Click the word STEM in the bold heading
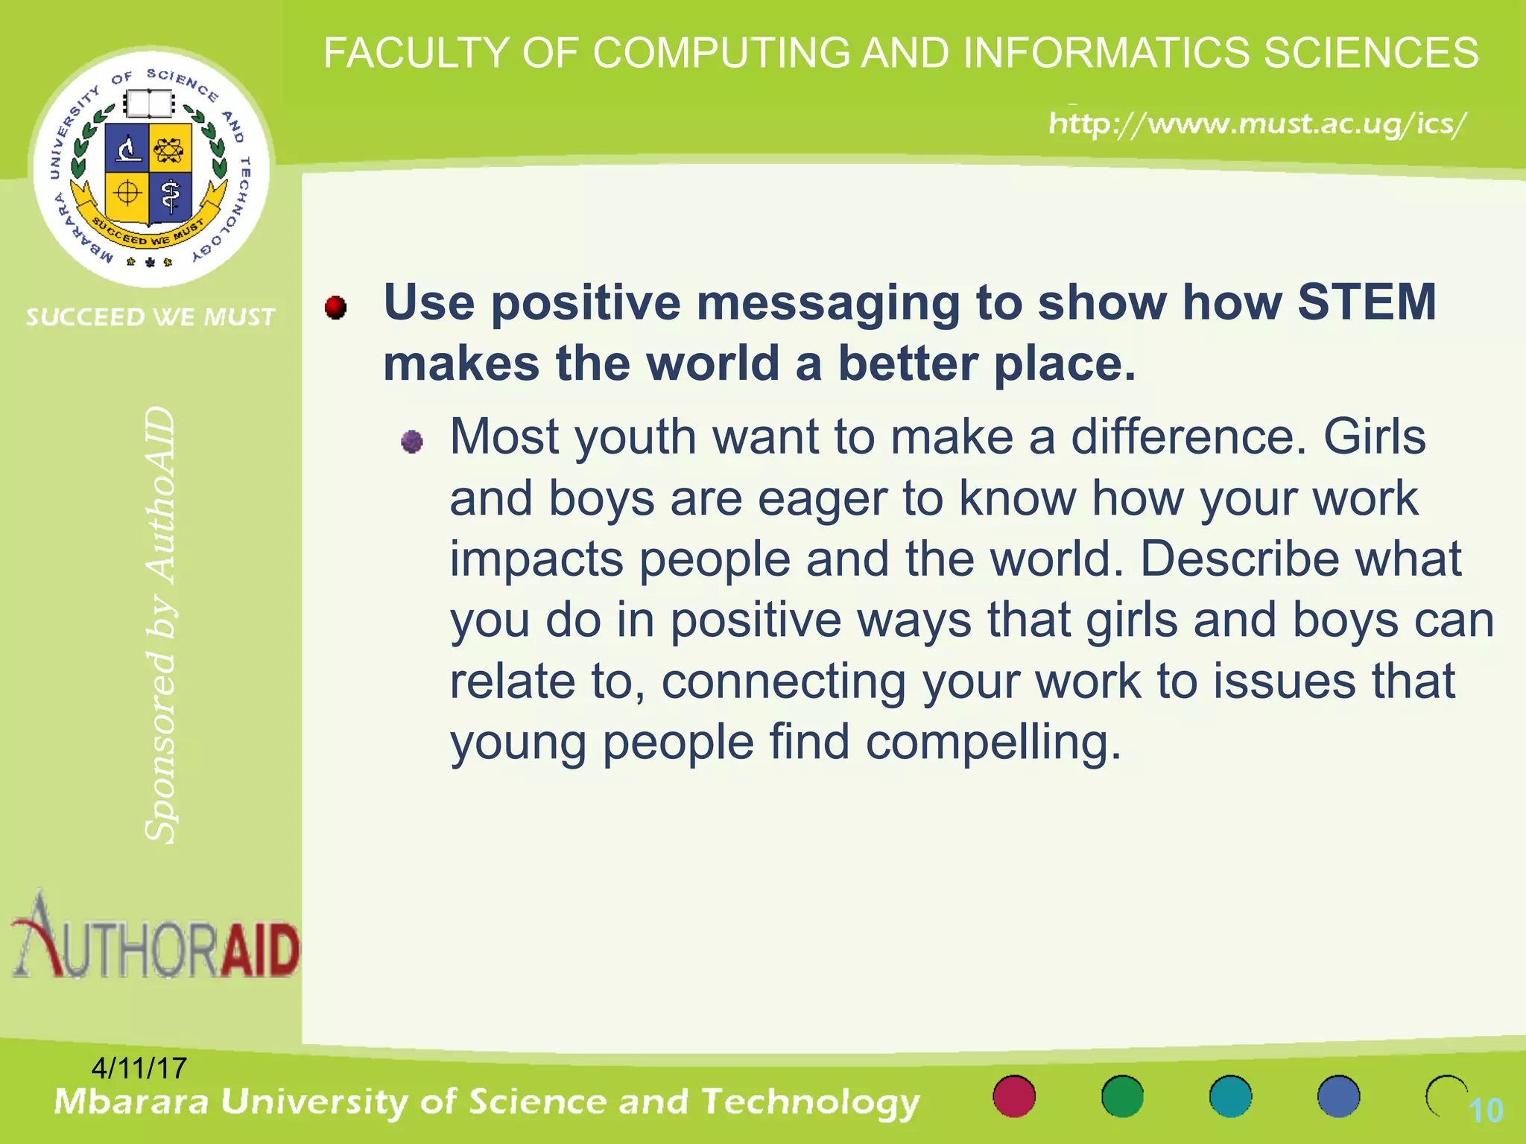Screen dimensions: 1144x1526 [1367, 302]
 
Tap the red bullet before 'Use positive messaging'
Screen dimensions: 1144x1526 [336, 307]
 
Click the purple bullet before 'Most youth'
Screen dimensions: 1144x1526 [412, 442]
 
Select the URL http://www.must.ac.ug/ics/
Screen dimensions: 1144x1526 [1258, 123]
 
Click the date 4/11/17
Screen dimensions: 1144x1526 [139, 1068]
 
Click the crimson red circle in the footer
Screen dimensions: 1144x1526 [1014, 1096]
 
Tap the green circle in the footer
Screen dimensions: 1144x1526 [1122, 1096]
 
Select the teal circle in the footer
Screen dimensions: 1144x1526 [1230, 1096]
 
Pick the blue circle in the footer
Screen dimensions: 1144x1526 [1338, 1096]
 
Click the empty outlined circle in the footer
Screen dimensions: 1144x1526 [1446, 1096]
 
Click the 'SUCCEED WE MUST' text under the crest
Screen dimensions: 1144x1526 [151, 317]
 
